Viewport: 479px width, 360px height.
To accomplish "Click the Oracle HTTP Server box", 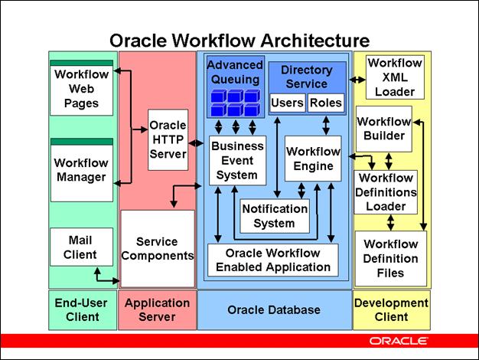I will coord(168,139).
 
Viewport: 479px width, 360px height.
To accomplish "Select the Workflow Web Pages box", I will coord(81,87).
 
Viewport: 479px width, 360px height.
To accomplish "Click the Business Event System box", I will coord(237,160).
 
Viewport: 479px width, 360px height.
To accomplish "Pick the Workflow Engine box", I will coord(312,158).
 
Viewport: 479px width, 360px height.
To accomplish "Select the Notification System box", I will coord(274,216).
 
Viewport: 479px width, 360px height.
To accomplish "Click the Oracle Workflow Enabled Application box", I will coord(273,260).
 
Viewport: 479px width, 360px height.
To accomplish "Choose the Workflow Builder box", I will coord(384,129).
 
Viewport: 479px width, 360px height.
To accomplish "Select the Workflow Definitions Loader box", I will coord(386,191).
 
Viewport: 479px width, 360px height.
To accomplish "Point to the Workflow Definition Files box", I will coord(390,258).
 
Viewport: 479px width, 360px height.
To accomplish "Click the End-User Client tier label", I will coord(82,309).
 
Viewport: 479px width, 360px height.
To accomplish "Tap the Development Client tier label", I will coord(391,309).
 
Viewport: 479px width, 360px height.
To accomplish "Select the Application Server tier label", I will coord(157,309).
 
